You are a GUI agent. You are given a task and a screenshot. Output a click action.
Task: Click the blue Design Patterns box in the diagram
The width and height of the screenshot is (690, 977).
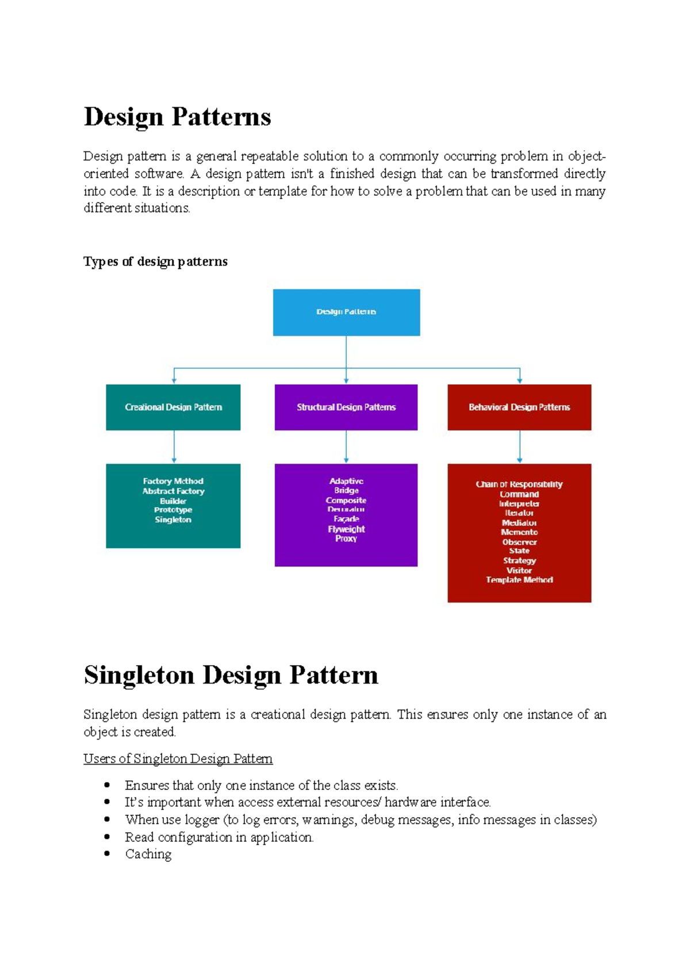tap(346, 312)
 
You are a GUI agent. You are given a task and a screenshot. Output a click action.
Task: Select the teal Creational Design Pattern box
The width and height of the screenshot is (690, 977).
tap(173, 407)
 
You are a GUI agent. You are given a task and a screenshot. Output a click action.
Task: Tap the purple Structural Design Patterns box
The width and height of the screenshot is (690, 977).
tap(346, 407)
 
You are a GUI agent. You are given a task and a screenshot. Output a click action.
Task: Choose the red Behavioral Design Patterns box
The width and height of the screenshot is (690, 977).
tap(519, 407)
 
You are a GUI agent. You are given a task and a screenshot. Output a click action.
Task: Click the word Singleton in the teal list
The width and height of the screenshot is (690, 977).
tap(173, 520)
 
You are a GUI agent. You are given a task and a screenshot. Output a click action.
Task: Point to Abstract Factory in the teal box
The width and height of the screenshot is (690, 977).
tap(173, 491)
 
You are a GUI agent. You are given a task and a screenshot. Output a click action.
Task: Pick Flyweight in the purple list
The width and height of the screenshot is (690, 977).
tap(346, 529)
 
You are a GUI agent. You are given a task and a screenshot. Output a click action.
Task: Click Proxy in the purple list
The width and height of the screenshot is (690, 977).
tap(346, 539)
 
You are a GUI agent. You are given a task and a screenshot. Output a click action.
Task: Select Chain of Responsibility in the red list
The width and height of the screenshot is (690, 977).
tap(519, 484)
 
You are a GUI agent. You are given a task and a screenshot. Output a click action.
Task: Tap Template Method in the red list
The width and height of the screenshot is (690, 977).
tap(519, 580)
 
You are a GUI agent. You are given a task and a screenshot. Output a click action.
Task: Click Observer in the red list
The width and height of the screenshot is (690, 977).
tap(519, 542)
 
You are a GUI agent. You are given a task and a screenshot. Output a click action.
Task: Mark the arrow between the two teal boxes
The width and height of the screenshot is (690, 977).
tap(174, 447)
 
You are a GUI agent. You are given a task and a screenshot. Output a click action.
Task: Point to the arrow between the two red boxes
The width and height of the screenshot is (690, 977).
tap(520, 447)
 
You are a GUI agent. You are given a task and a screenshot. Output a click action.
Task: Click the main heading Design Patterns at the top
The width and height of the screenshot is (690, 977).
tap(177, 117)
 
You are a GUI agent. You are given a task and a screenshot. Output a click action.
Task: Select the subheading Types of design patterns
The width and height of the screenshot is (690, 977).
tap(155, 262)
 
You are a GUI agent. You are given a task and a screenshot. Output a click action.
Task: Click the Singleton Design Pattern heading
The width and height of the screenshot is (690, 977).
tap(231, 675)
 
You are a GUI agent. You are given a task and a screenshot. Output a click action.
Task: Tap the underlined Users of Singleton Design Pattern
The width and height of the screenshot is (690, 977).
tap(178, 759)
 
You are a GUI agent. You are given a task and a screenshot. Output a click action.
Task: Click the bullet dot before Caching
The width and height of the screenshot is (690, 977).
tap(107, 854)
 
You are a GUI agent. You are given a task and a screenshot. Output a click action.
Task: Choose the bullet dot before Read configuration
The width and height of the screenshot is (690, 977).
tap(107, 837)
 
